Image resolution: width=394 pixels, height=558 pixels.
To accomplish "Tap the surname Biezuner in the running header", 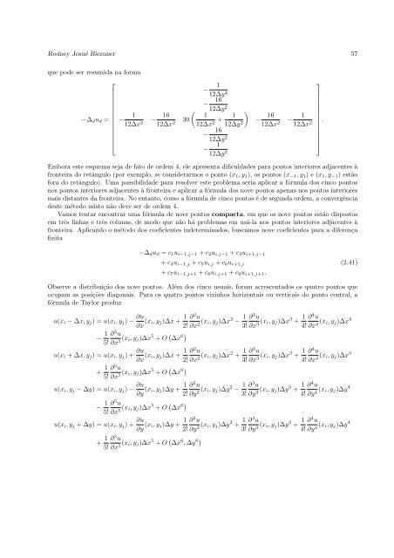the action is pyautogui.click(x=105, y=52).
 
